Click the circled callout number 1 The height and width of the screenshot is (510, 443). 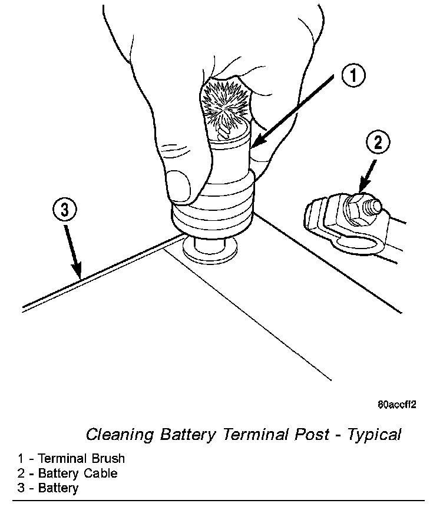[353, 76]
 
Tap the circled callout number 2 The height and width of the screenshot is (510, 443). [377, 143]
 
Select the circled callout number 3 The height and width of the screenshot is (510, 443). [64, 208]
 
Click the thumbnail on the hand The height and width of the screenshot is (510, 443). [180, 184]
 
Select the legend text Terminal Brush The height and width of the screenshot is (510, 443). [82, 458]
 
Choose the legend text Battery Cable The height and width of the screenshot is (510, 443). [78, 473]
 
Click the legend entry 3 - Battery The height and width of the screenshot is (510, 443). [48, 488]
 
